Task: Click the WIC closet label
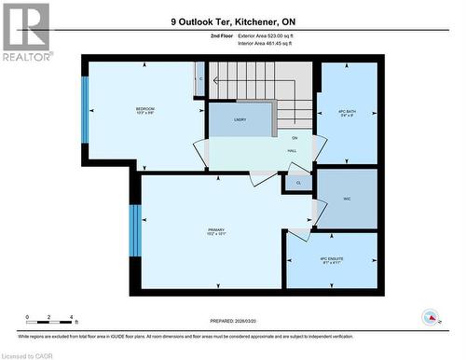pos(347,199)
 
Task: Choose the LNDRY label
pos(240,119)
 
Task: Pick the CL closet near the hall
pos(298,183)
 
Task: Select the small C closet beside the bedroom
pos(200,79)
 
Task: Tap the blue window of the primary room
pos(135,230)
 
